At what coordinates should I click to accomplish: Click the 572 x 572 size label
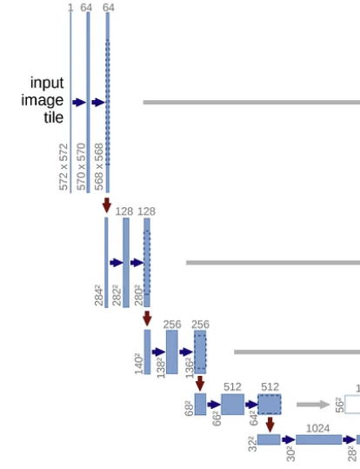(x=63, y=166)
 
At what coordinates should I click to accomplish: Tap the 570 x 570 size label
(x=81, y=166)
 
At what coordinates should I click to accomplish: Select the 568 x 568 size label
(x=99, y=166)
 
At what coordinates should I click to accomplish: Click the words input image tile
(x=43, y=100)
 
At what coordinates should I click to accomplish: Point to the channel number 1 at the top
(x=70, y=8)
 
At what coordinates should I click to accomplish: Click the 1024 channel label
(x=318, y=428)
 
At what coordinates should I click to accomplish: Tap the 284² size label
(x=99, y=297)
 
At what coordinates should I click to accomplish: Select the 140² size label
(x=139, y=364)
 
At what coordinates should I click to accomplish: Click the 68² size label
(x=190, y=409)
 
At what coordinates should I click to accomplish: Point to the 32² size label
(x=253, y=444)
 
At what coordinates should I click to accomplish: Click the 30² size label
(x=290, y=453)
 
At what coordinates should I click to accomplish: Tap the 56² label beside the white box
(x=340, y=405)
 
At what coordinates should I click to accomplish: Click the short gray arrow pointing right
(x=313, y=405)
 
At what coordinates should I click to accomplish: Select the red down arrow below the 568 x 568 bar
(x=107, y=205)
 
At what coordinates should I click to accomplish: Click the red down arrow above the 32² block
(x=270, y=425)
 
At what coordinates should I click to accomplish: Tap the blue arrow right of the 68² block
(x=214, y=405)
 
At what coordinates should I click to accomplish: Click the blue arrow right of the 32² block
(x=289, y=439)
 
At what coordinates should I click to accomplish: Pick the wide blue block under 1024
(x=319, y=439)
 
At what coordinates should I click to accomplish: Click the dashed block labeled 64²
(x=270, y=405)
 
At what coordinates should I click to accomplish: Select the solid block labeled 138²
(x=172, y=352)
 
